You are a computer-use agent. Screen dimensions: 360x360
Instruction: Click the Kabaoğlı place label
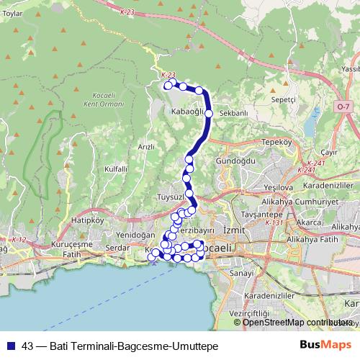coord(186,113)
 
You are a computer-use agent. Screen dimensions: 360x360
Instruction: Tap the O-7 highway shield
coord(343,107)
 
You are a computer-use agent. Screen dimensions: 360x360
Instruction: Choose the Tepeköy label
coord(277,143)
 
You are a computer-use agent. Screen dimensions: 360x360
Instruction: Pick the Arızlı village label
coord(146,146)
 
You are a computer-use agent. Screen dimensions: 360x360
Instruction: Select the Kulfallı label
coord(116,168)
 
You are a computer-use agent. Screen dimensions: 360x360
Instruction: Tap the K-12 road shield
coord(18,239)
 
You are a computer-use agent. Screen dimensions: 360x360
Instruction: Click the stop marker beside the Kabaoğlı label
coord(209,113)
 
